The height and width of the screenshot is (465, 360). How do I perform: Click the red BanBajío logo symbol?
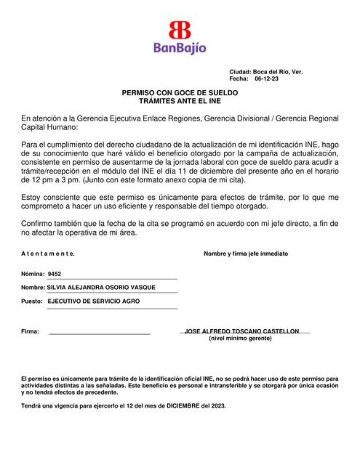[179, 31]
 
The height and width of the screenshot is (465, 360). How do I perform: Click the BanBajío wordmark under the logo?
[180, 48]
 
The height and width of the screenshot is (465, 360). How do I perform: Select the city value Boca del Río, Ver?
[278, 73]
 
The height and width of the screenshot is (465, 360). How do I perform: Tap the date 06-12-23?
[266, 79]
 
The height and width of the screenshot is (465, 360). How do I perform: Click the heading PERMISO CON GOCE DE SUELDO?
[180, 94]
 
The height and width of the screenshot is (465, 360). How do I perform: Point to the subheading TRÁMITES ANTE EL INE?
[180, 102]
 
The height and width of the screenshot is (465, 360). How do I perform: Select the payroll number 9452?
[54, 275]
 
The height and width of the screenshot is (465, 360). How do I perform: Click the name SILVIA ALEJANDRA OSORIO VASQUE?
[101, 288]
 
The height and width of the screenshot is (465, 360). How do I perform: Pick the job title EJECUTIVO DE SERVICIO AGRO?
[95, 300]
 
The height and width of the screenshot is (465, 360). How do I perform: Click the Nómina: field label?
[32, 275]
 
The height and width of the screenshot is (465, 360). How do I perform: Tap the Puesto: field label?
[32, 300]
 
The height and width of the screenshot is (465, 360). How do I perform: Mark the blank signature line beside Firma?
[99, 333]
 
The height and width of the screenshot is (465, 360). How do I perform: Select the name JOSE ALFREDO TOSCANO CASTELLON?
[242, 331]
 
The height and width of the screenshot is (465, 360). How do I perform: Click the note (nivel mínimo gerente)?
[244, 339]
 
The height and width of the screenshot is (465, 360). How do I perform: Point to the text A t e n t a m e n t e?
[48, 254]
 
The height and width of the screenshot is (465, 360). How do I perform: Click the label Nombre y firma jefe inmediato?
[246, 254]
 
